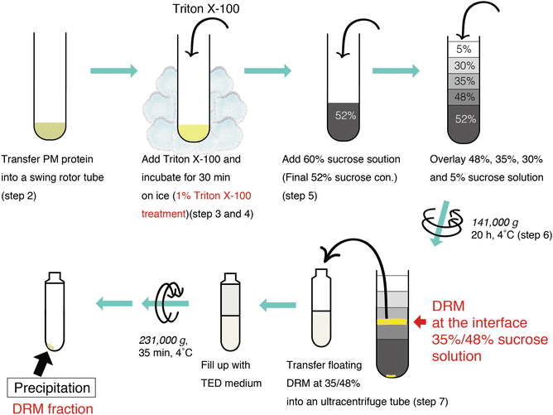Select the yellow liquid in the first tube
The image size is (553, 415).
pyautogui.click(x=52, y=129)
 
